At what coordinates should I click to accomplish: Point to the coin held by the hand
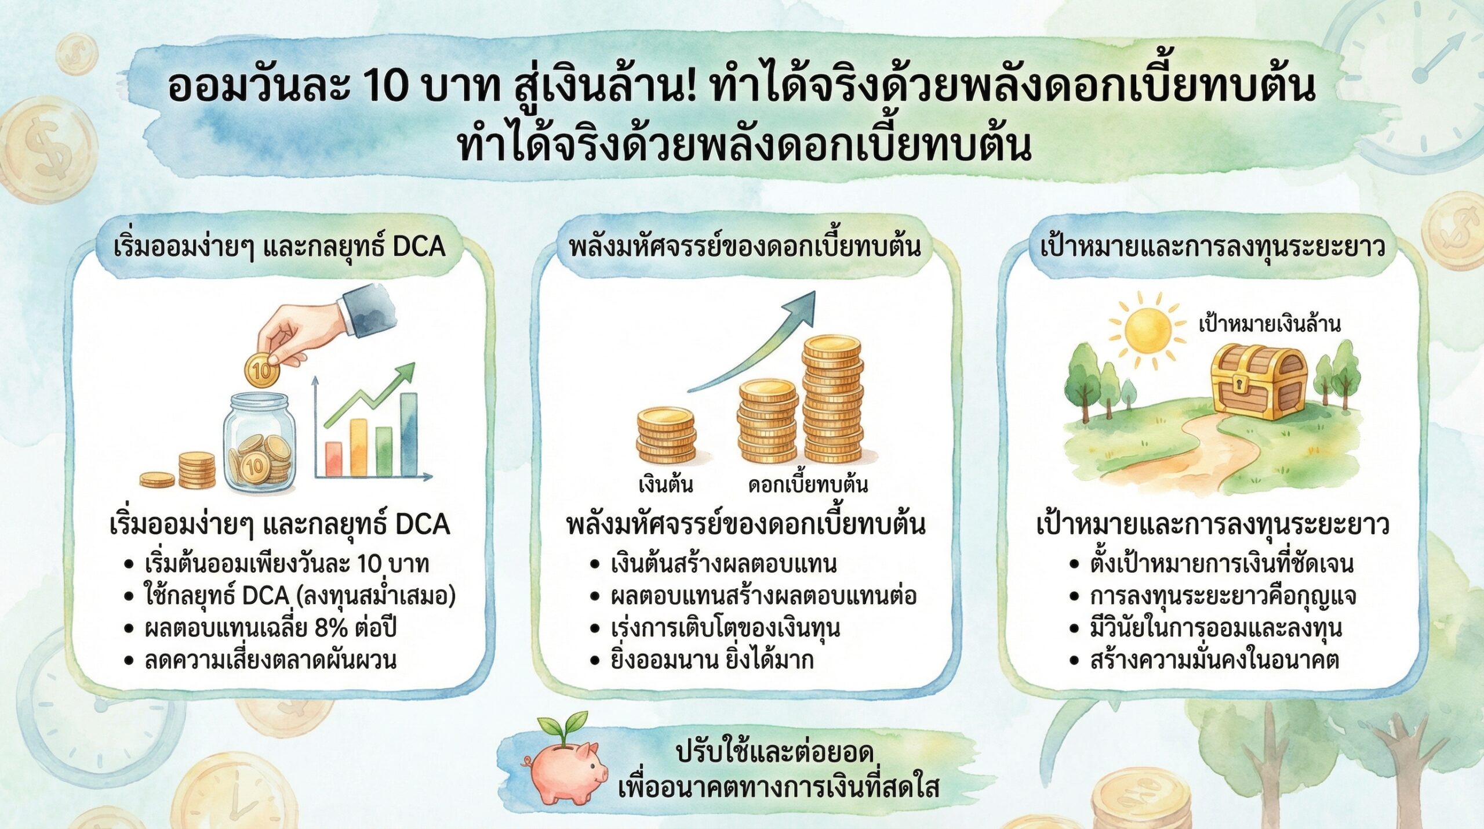click(x=262, y=371)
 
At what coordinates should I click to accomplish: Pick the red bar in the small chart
click(x=333, y=459)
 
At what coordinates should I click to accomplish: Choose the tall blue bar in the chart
click(x=409, y=434)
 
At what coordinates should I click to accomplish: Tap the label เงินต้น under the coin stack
click(x=665, y=484)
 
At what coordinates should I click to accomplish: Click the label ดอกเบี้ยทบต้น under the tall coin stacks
click(x=808, y=484)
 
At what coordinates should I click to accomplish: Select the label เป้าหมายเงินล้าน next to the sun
click(x=1270, y=324)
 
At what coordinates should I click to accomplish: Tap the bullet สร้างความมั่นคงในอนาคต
click(x=1214, y=660)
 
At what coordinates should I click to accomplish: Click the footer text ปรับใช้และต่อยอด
click(x=774, y=752)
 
